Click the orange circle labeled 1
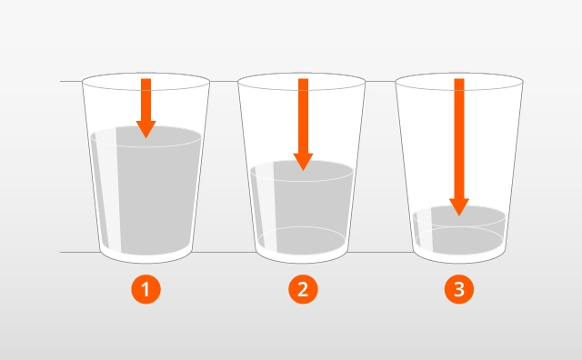click(145, 289)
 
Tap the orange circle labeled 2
click(303, 289)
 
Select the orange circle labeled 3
click(459, 289)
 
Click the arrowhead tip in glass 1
click(145, 138)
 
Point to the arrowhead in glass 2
click(303, 162)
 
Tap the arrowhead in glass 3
click(459, 207)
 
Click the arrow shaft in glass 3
click(459, 138)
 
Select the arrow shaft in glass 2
click(303, 115)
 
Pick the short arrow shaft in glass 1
click(145, 99)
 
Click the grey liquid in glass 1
click(156, 193)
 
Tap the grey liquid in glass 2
click(312, 208)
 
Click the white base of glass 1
click(145, 257)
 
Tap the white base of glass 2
click(302, 257)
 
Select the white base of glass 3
click(459, 257)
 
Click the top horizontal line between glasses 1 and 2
click(224, 81)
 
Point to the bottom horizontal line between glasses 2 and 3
click(381, 253)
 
